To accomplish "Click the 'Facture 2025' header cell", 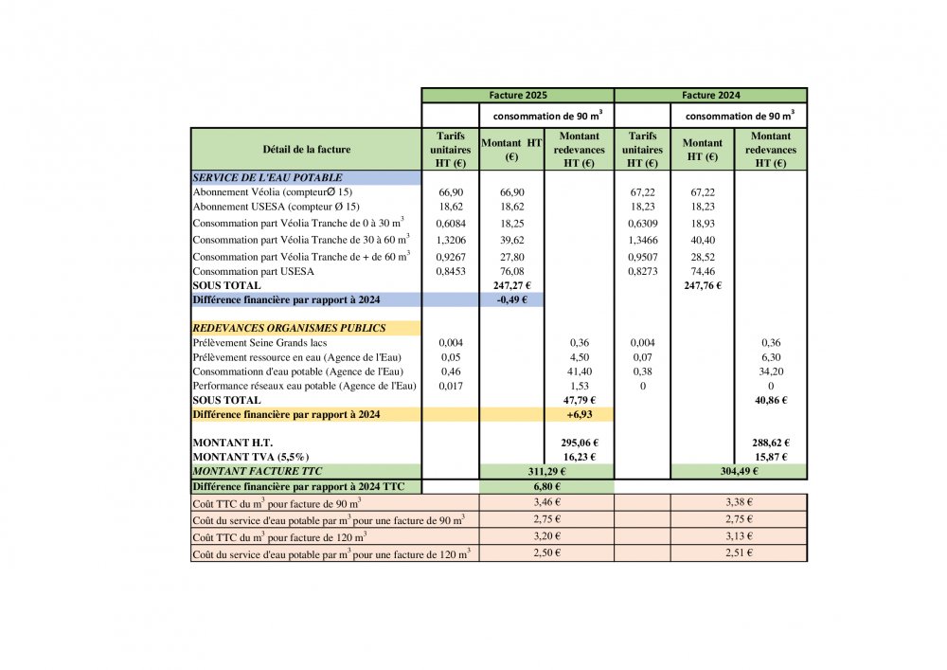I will [518, 96].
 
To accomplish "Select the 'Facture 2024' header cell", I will [710, 96].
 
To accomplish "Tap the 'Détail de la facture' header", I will [306, 150].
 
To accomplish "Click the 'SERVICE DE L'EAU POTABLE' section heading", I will [267, 177].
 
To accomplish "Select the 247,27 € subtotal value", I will [512, 285].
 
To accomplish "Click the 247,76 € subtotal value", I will [703, 285].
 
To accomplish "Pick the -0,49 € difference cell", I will [512, 299].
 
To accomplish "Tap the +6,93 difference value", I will [580, 414].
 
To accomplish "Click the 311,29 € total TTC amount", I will [547, 471].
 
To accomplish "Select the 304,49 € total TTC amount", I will [739, 471].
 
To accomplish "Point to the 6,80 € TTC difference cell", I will [547, 486].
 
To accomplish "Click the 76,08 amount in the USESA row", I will [512, 272].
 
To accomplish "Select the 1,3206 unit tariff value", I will [451, 242].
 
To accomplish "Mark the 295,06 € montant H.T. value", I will [580, 443].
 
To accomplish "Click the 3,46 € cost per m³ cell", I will [547, 501].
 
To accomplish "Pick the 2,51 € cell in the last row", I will [739, 553].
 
